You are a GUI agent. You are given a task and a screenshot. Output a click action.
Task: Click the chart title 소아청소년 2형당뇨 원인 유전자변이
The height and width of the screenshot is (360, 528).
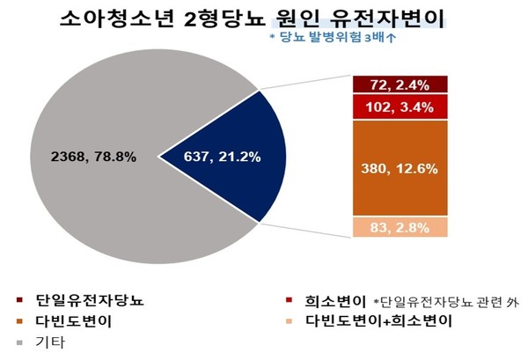point(263,18)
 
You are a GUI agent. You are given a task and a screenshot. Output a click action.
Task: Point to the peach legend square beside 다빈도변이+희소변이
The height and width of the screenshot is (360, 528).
point(296,322)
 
